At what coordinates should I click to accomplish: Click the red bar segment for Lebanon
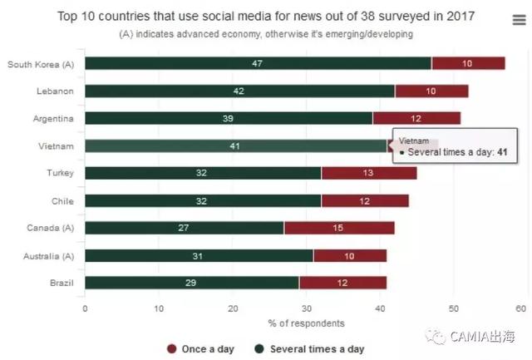pyautogui.click(x=431, y=91)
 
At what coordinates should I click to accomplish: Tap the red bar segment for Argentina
pyautogui.click(x=416, y=118)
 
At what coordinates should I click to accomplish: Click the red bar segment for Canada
pyautogui.click(x=339, y=228)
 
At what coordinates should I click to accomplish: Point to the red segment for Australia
pyautogui.click(x=350, y=255)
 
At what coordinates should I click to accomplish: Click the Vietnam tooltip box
pyautogui.click(x=456, y=147)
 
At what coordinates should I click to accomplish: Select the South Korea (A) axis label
pyautogui.click(x=41, y=63)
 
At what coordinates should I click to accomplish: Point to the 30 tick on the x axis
pyautogui.click(x=306, y=308)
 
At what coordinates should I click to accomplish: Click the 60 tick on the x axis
pyautogui.click(x=521, y=308)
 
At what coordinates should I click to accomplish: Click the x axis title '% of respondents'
pyautogui.click(x=306, y=323)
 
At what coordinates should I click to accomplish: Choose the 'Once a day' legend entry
pyautogui.click(x=198, y=349)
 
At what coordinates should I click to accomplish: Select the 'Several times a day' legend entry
pyautogui.click(x=308, y=349)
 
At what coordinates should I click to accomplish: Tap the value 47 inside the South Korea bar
pyautogui.click(x=258, y=63)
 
